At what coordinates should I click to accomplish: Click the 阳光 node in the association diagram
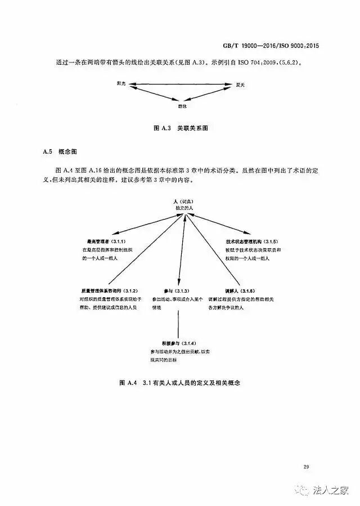[x=121, y=84]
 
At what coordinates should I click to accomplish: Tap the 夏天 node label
[x=240, y=85]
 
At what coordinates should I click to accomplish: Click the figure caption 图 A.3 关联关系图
[x=180, y=128]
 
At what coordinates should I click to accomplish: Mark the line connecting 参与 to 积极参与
[x=179, y=324]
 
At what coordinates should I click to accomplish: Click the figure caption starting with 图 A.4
[x=180, y=383]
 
